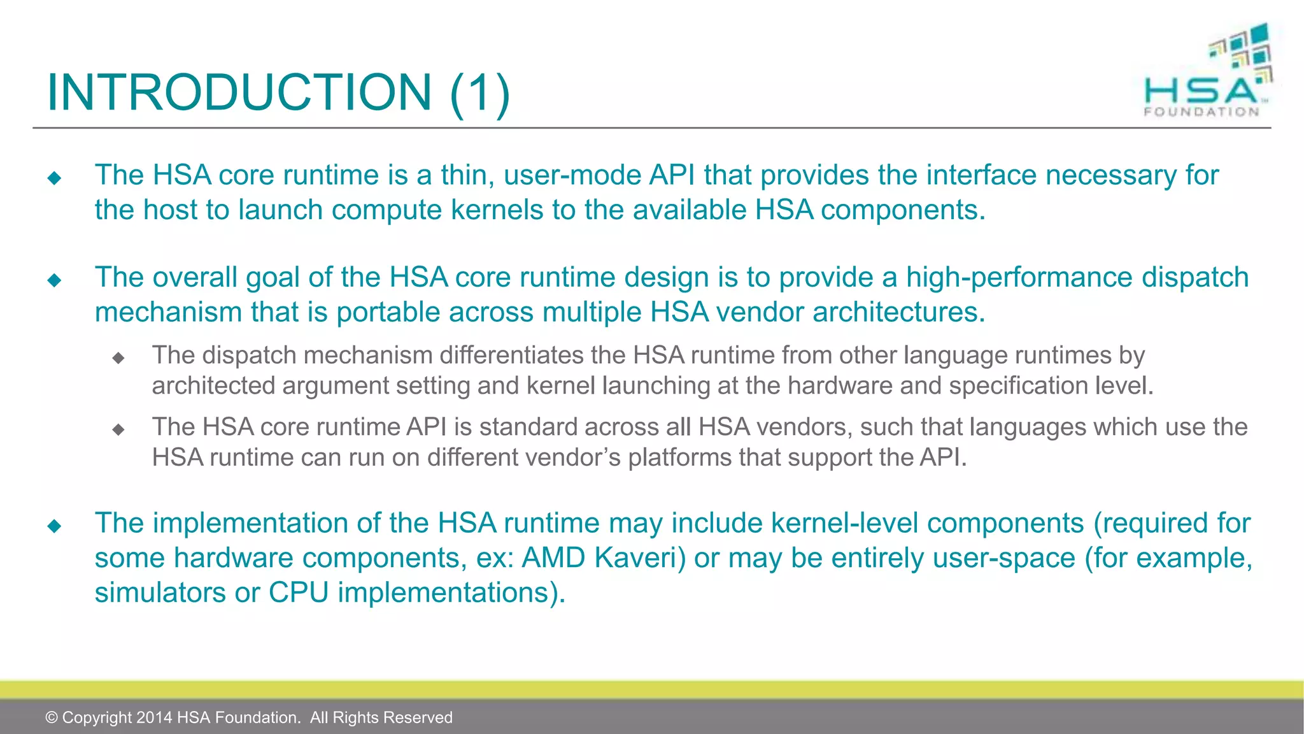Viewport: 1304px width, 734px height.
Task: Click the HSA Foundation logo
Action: click(1207, 71)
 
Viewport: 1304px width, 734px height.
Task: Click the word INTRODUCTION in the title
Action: click(239, 92)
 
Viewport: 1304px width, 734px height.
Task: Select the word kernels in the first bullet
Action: click(493, 210)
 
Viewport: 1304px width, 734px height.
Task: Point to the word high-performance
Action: click(1019, 278)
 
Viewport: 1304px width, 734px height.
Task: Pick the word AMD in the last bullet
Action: click(553, 558)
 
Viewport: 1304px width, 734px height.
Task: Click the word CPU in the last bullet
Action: click(299, 593)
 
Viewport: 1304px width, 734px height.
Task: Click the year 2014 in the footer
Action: click(153, 717)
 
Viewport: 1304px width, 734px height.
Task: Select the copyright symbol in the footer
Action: click(52, 717)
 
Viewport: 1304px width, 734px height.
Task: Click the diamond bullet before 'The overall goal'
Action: click(54, 280)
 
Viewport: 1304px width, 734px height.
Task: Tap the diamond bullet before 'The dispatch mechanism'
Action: click(118, 358)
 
